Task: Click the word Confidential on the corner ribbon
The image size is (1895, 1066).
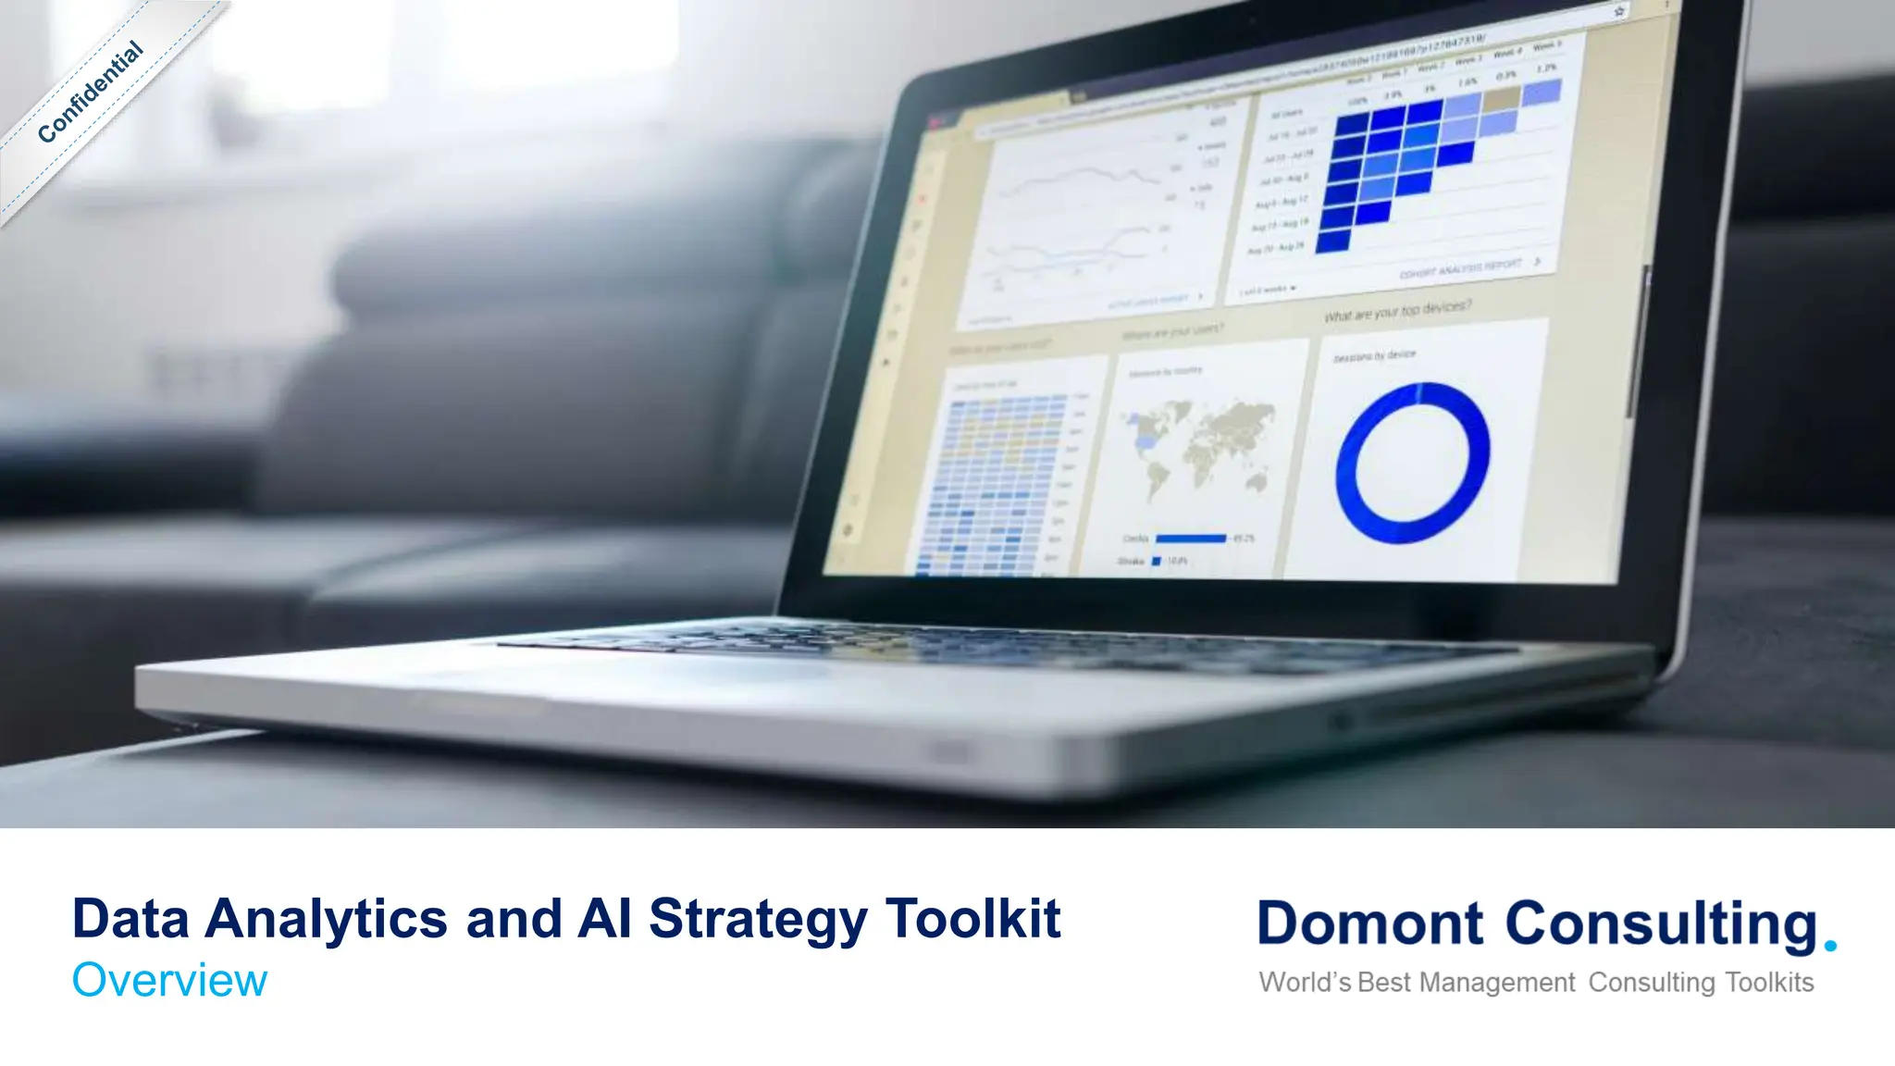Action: [x=91, y=93]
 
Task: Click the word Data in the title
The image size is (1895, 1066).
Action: [x=130, y=919]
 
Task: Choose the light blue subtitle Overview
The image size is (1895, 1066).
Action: [x=169, y=980]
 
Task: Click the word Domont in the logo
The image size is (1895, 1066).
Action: [x=1370, y=924]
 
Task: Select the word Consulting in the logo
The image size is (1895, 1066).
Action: [x=1662, y=924]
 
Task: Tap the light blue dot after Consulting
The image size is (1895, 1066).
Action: [x=1829, y=946]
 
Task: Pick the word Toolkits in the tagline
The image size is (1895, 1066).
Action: [x=1769, y=982]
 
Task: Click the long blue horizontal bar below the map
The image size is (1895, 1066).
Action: [x=1191, y=538]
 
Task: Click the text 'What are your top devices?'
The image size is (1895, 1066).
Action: [x=1397, y=311]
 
